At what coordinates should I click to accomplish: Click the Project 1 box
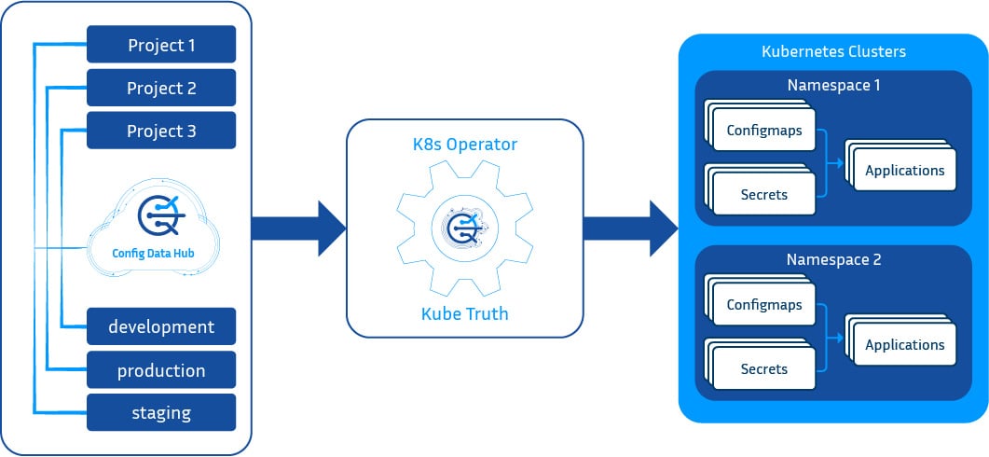(x=161, y=45)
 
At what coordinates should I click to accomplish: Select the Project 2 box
(x=161, y=88)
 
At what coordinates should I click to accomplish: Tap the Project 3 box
(x=161, y=131)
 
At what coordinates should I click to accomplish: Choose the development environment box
(x=161, y=326)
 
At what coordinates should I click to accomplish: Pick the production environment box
(x=161, y=370)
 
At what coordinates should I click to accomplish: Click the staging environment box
(x=161, y=412)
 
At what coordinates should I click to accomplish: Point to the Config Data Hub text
(x=155, y=252)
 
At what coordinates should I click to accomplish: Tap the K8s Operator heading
(x=464, y=145)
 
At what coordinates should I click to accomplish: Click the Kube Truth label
(x=464, y=313)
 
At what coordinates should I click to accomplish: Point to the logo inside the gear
(x=464, y=228)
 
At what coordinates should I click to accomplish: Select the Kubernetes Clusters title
(x=833, y=50)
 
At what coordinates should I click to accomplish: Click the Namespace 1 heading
(x=833, y=85)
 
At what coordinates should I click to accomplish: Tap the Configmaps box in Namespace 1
(x=764, y=131)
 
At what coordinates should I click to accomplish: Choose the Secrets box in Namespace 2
(x=764, y=369)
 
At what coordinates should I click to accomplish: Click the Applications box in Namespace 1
(x=904, y=171)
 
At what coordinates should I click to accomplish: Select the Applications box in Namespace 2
(x=904, y=345)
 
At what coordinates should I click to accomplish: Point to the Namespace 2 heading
(x=833, y=259)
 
